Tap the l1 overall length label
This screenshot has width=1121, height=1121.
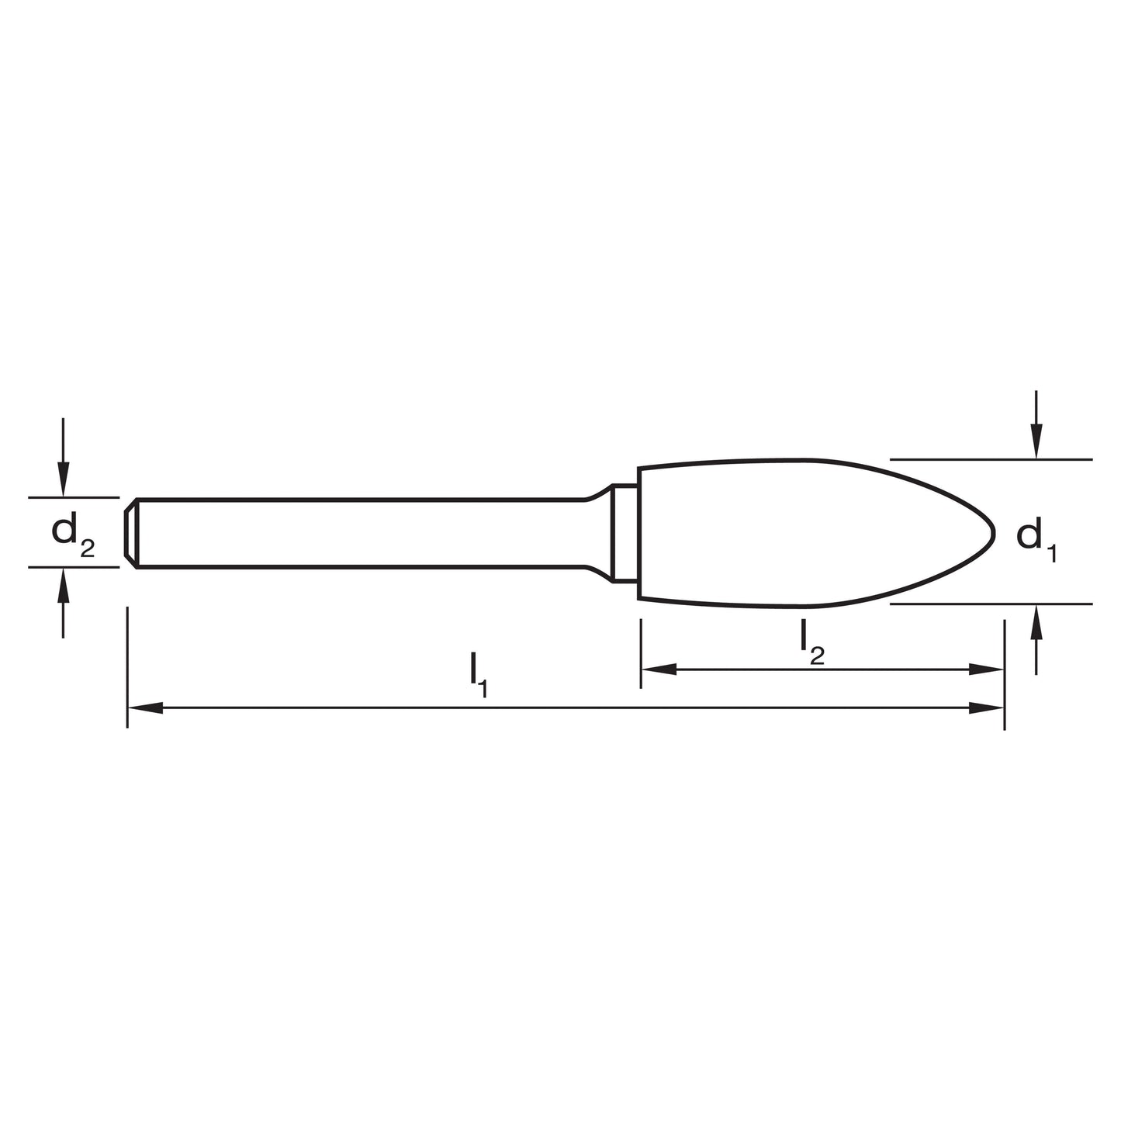pos(478,675)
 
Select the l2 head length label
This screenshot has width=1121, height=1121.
pos(812,642)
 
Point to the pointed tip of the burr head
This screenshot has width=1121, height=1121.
pos(994,533)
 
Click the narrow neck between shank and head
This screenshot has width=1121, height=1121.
pos(625,532)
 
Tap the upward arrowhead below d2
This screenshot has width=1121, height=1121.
pos(64,586)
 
